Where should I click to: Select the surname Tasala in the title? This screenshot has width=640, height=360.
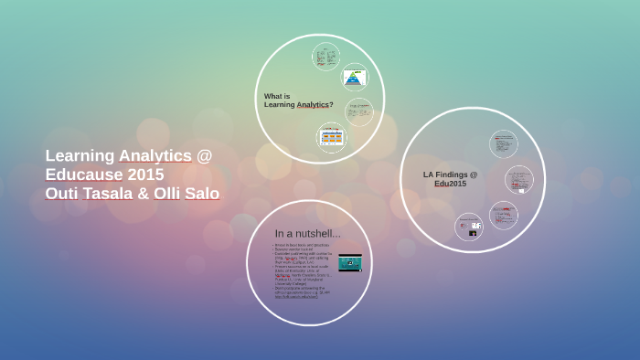click(x=112, y=194)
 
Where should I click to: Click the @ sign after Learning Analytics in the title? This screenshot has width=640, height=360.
click(x=204, y=155)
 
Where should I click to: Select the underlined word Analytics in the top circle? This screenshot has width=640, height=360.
click(x=313, y=104)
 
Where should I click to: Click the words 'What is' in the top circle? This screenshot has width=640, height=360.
click(x=277, y=96)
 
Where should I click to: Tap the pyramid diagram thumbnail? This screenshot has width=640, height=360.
click(x=354, y=77)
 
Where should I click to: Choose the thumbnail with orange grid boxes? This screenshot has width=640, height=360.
click(x=331, y=137)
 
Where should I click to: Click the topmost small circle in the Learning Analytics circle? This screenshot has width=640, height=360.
click(x=325, y=58)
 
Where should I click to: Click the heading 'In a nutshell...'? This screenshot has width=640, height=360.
click(x=307, y=234)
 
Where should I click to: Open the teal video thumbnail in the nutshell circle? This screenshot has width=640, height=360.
click(x=349, y=263)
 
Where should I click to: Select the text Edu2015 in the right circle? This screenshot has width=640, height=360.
click(x=450, y=184)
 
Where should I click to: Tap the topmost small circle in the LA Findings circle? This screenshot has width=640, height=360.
click(x=503, y=143)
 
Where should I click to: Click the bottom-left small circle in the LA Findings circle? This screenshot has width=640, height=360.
click(x=468, y=227)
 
